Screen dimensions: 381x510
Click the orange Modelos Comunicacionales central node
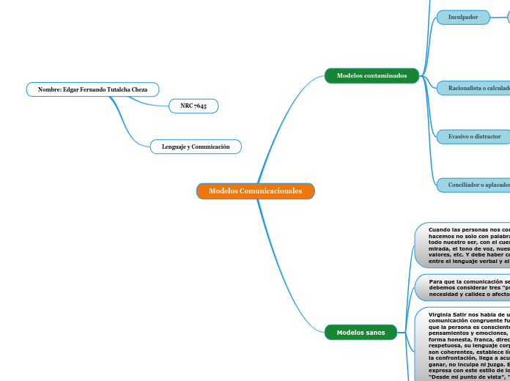pyautogui.click(x=255, y=191)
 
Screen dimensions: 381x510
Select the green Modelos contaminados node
pyautogui.click(x=372, y=75)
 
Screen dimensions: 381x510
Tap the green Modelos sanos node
pyautogui.click(x=360, y=333)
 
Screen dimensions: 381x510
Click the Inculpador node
pyautogui.click(x=463, y=17)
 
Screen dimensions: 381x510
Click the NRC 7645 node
pyautogui.click(x=193, y=106)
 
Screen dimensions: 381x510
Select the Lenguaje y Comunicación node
pyautogui.click(x=196, y=147)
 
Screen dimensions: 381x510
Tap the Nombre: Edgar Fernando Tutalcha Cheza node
pyautogui.click(x=92, y=90)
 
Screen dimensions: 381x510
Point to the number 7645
pyautogui.click(x=200, y=106)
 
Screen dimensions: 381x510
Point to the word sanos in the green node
pyautogui.click(x=375, y=333)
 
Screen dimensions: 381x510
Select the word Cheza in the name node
pyautogui.click(x=139, y=90)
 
